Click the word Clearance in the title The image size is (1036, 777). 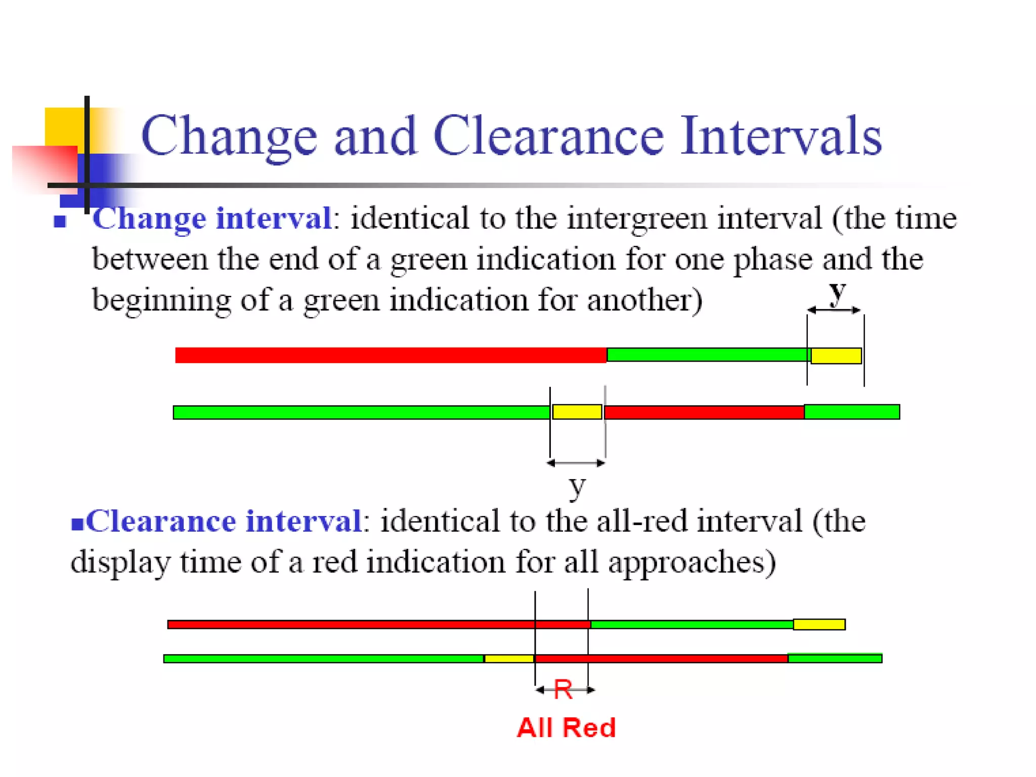pos(548,136)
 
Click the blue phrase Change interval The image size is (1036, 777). pos(212,219)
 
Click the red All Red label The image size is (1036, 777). pos(566,728)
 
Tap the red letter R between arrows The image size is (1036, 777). pos(563,689)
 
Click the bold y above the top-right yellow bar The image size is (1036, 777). pos(837,292)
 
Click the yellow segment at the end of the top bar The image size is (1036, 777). pos(836,356)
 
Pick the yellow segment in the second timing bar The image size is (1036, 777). pos(577,412)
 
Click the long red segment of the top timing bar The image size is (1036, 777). pos(391,355)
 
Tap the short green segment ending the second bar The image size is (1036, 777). pos(851,412)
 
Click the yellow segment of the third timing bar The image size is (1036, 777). pos(818,624)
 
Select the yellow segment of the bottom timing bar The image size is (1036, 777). pos(509,659)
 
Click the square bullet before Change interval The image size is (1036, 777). pos(60,222)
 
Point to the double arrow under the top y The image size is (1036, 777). pos(834,310)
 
